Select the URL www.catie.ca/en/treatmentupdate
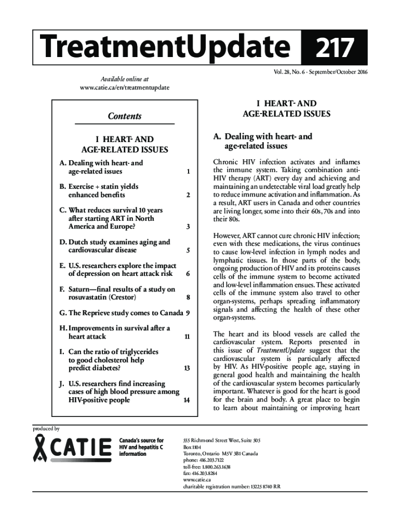click(x=124, y=88)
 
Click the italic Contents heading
click(x=125, y=116)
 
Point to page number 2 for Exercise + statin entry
click(x=187, y=195)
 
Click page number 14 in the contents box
click(x=186, y=400)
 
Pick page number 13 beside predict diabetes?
click(x=186, y=368)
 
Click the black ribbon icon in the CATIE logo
click(x=42, y=449)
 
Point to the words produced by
click(x=46, y=429)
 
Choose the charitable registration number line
click(x=231, y=486)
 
